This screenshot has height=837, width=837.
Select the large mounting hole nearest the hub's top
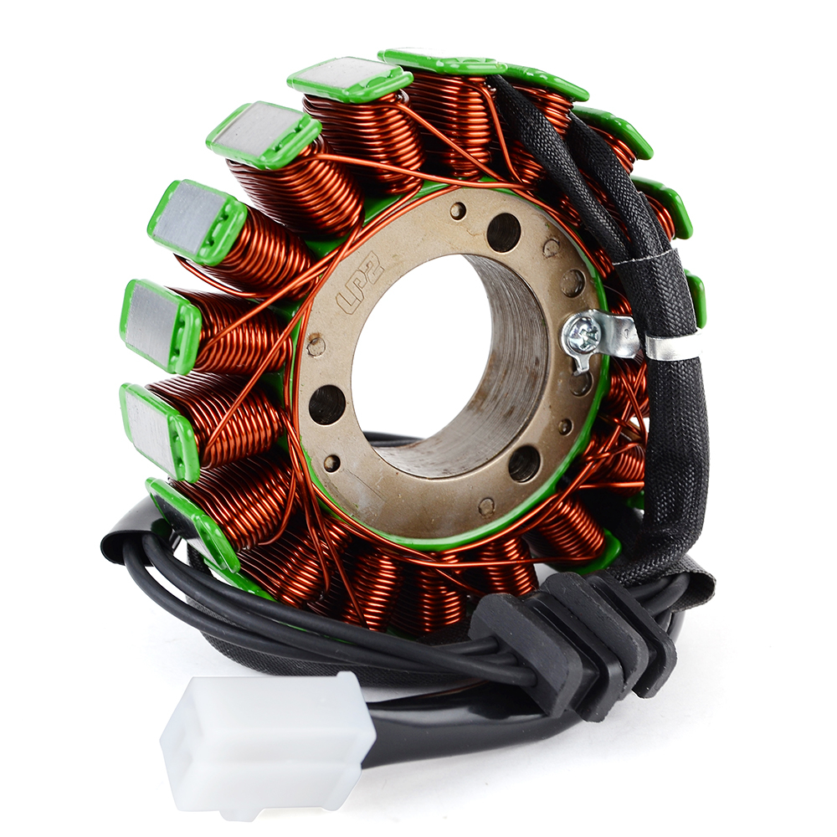(x=504, y=229)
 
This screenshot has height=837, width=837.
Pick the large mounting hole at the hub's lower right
(x=524, y=463)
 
